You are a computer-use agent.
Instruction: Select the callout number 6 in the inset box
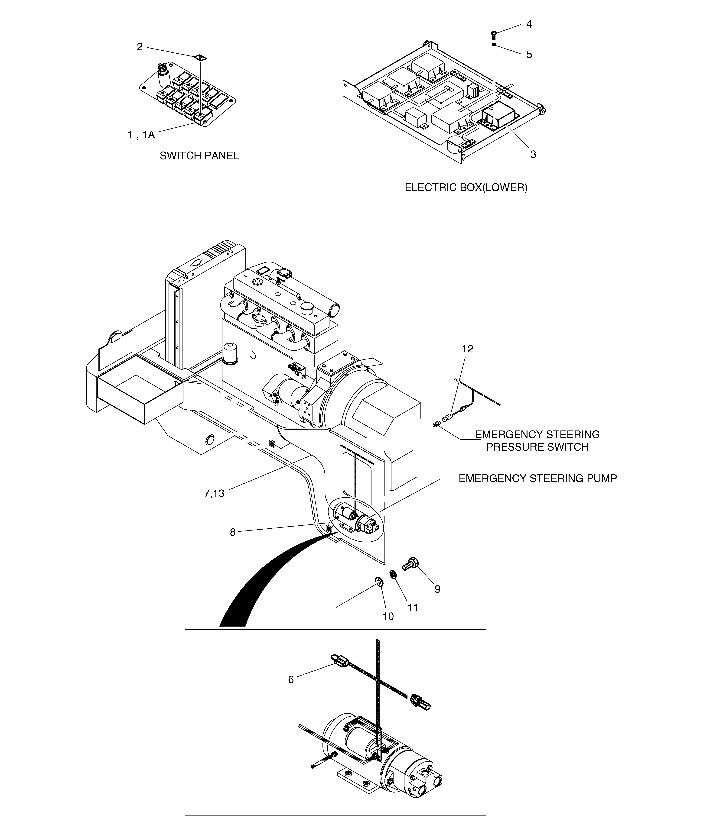(x=291, y=680)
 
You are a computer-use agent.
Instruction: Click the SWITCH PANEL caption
(x=199, y=156)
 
